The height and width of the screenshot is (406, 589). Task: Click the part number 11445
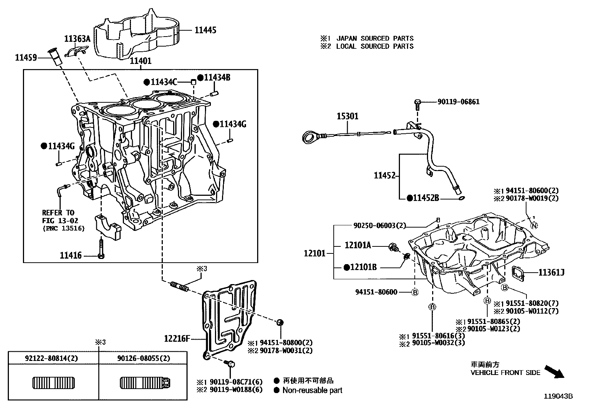(x=205, y=30)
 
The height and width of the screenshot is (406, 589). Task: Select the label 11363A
(x=77, y=38)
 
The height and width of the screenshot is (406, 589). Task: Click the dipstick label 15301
(x=347, y=117)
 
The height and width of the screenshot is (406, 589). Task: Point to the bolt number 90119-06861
(x=458, y=102)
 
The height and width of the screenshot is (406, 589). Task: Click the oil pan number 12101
(x=315, y=253)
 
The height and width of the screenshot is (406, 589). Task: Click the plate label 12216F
(x=177, y=338)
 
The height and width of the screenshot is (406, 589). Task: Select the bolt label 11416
(x=70, y=255)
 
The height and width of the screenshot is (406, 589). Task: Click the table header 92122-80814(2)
(x=51, y=358)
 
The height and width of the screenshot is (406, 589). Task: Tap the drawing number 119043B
(x=558, y=396)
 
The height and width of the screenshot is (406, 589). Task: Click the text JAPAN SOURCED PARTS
(x=375, y=38)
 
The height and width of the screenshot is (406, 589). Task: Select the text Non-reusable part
(x=312, y=390)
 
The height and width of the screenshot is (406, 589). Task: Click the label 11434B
(x=217, y=78)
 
